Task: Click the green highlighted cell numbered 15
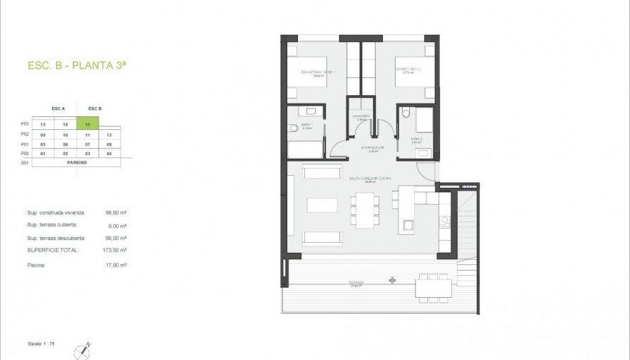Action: point(87,124)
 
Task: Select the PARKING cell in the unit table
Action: point(76,162)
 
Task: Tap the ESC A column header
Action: point(59,109)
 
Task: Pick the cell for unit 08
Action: point(109,144)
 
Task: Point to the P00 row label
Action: point(25,153)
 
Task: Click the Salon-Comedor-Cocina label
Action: point(370,179)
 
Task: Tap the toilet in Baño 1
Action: point(293,129)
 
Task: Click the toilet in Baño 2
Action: point(405,112)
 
